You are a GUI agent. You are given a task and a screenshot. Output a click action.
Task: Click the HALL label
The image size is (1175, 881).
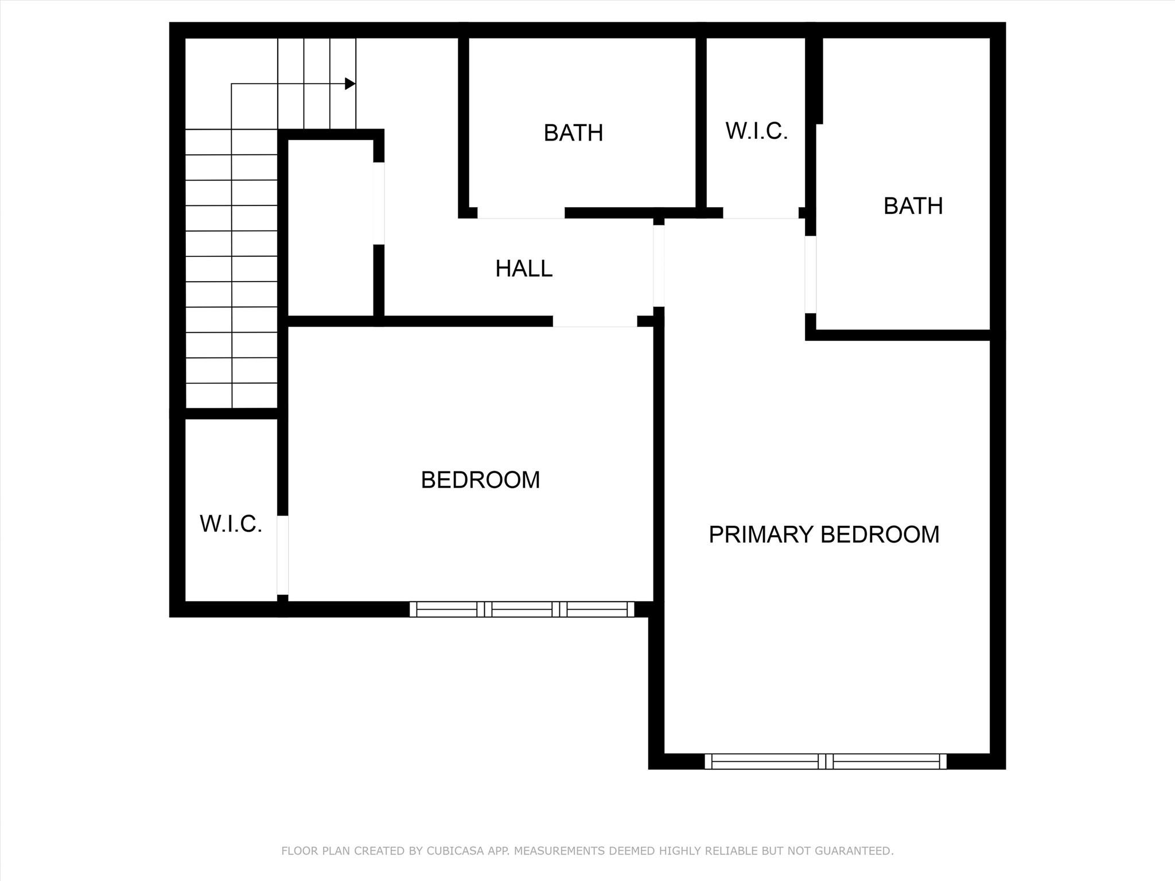click(524, 268)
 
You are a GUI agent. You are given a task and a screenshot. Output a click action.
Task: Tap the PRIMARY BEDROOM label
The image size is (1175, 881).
click(824, 535)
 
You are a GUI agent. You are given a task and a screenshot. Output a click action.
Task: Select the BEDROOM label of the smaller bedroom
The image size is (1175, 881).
click(480, 480)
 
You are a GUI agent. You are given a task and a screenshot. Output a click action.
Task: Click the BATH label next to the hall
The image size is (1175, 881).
click(573, 133)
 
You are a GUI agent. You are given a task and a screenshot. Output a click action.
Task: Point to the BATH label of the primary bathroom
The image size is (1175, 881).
click(913, 206)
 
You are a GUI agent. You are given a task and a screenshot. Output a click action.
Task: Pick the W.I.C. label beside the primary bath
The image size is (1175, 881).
click(756, 131)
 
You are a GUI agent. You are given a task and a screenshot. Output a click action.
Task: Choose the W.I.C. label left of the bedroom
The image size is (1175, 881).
click(231, 524)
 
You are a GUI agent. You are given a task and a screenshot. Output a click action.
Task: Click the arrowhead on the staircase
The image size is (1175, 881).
click(349, 84)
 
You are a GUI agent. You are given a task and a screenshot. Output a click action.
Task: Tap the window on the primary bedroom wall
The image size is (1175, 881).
click(825, 761)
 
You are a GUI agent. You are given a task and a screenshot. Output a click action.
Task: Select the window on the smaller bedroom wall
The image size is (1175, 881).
click(522, 609)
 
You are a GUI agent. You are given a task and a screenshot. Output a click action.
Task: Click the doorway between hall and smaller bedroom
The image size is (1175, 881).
click(595, 322)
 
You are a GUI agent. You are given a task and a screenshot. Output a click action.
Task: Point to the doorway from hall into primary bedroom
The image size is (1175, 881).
click(659, 266)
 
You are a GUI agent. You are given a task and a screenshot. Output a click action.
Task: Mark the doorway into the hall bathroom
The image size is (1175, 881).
click(521, 213)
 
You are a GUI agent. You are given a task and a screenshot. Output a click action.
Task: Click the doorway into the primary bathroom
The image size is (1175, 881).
click(810, 274)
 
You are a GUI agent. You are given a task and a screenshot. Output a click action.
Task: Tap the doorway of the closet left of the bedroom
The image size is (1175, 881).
click(282, 555)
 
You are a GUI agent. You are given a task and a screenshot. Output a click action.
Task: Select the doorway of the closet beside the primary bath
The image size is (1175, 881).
click(761, 213)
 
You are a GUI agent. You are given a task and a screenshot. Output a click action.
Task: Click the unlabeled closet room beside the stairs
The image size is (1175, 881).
click(330, 227)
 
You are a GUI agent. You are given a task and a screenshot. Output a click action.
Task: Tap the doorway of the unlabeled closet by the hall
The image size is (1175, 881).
click(379, 204)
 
